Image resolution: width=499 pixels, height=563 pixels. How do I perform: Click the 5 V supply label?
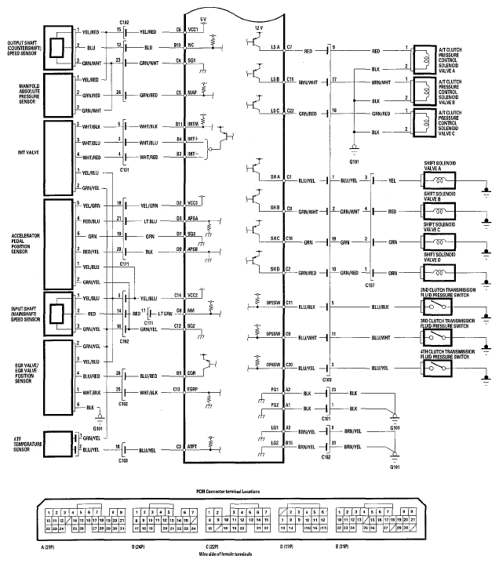(204, 17)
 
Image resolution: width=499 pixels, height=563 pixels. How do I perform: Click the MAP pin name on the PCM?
(202, 94)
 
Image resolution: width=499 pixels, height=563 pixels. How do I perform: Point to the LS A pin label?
(275, 48)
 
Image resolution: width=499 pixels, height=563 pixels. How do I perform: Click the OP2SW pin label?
(274, 302)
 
